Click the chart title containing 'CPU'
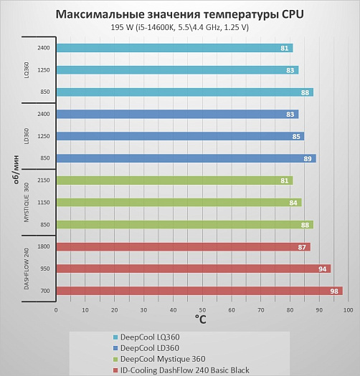(179, 14)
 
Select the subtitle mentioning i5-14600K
(179, 27)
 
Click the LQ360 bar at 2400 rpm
(175, 48)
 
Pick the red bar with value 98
(199, 291)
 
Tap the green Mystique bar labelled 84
(179, 203)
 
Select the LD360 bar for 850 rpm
(186, 158)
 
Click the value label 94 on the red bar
(322, 269)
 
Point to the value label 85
(296, 137)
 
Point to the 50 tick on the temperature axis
(202, 310)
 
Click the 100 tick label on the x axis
(349, 310)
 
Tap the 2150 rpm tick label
(44, 180)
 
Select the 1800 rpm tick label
(44, 246)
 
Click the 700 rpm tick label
(45, 291)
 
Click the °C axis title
(201, 319)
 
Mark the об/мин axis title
(16, 169)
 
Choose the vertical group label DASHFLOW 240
(27, 269)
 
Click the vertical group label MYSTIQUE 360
(27, 203)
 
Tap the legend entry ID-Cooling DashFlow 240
(181, 370)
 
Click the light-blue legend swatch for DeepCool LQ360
(115, 337)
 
